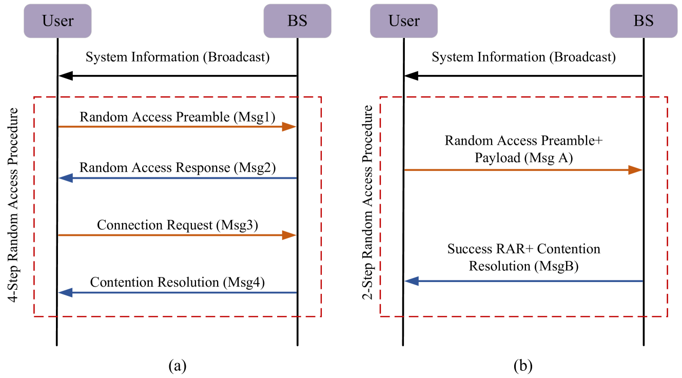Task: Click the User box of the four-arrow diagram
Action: pos(57,21)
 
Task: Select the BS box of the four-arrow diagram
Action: pos(297,21)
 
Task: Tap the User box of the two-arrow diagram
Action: pos(404,21)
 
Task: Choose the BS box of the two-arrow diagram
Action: pos(644,21)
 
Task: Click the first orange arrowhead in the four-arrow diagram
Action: pos(290,127)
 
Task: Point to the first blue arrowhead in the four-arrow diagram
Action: pos(65,178)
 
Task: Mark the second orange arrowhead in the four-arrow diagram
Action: pos(290,235)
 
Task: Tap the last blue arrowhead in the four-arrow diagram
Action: pos(65,292)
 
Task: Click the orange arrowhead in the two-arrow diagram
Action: pos(636,170)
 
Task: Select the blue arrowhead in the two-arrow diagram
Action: pos(412,281)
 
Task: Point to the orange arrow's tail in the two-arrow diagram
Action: pos(405,170)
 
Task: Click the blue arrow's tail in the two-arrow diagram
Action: pos(642,281)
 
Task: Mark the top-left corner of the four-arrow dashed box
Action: pos(34,96)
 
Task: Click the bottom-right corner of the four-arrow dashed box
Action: pos(321,316)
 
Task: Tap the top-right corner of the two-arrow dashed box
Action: pos(667,96)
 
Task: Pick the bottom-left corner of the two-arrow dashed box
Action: pos(380,316)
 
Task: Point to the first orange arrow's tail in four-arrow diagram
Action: pos(60,127)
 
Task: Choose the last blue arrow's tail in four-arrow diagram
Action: pos(296,292)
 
